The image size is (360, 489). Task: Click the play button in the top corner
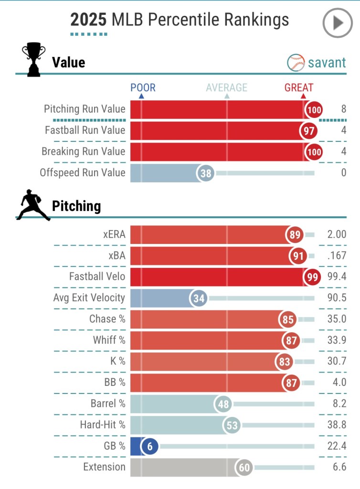(338, 23)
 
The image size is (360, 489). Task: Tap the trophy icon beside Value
(33, 60)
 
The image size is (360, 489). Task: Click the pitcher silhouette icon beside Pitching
(33, 205)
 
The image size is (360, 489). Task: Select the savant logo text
(327, 63)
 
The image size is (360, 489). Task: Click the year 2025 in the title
(89, 20)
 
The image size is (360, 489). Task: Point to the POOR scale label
(143, 87)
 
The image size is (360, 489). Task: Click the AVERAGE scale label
(227, 87)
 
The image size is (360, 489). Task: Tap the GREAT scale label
(299, 87)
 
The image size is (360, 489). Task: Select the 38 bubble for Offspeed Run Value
(206, 173)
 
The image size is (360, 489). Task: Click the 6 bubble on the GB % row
(149, 446)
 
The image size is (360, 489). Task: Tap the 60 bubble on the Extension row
(244, 468)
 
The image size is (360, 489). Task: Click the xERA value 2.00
(337, 234)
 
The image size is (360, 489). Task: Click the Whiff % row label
(109, 340)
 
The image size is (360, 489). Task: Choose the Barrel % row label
(107, 404)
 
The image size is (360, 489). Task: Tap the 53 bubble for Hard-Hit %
(232, 425)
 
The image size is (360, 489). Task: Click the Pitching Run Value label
(85, 109)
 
